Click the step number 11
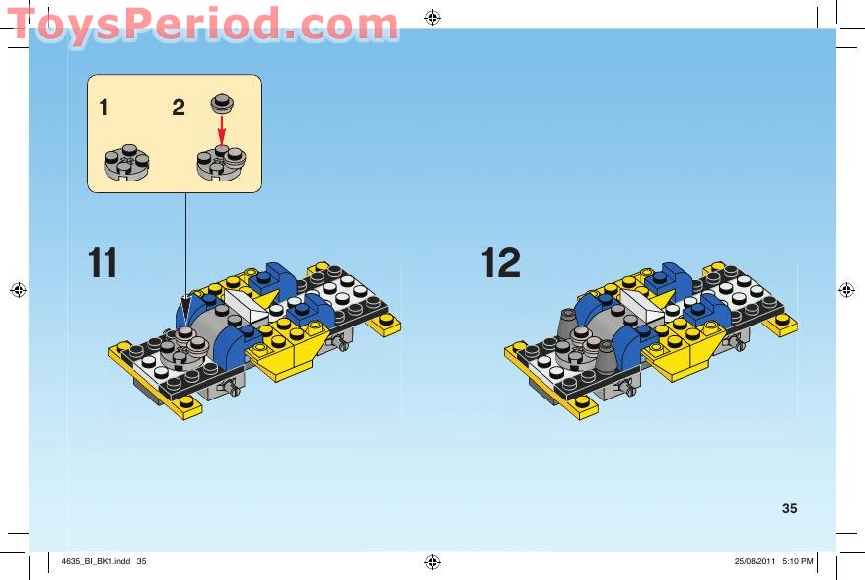(x=103, y=262)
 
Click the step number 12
(x=500, y=262)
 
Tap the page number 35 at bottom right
(x=789, y=509)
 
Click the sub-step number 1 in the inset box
(x=104, y=109)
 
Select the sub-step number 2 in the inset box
(x=179, y=109)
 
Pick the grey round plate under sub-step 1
(x=125, y=161)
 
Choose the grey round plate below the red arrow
(x=222, y=162)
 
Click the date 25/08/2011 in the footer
(x=756, y=562)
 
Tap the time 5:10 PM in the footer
(x=797, y=562)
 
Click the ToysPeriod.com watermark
(x=202, y=24)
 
